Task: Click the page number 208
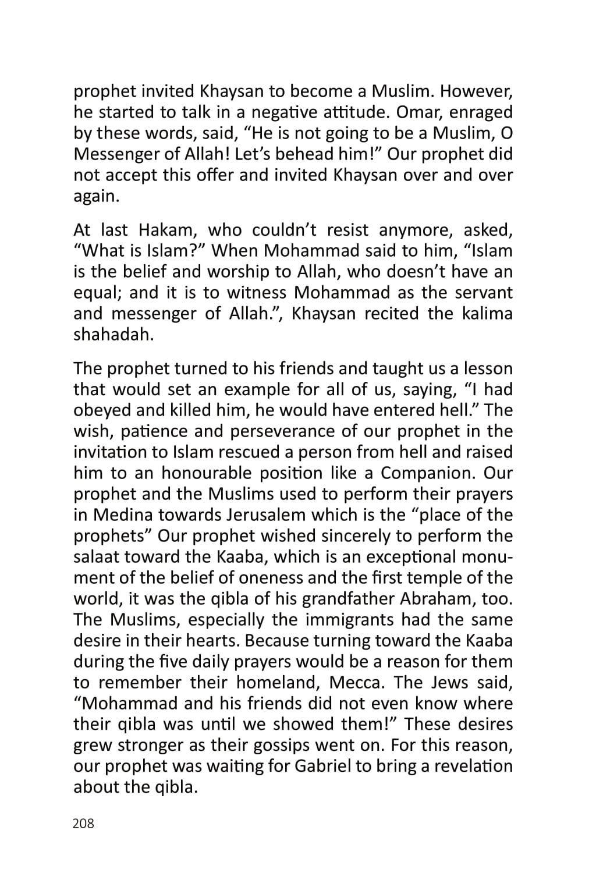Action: [x=83, y=824]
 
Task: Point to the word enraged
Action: [x=481, y=112]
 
